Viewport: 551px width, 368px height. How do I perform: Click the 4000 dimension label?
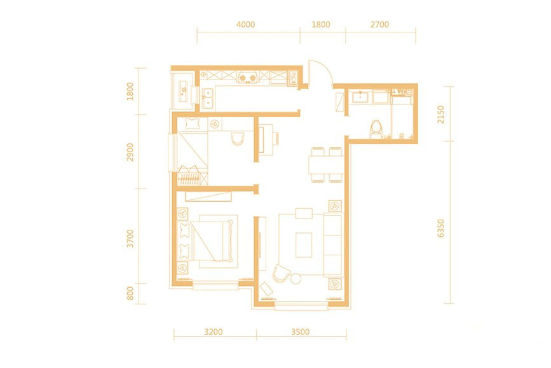(x=246, y=25)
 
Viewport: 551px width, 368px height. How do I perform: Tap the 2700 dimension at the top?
(x=379, y=25)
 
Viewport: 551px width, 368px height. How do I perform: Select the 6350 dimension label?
(x=440, y=228)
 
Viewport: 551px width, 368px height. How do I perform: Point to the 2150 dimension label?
(x=440, y=115)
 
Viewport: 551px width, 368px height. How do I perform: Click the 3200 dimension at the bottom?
(x=214, y=332)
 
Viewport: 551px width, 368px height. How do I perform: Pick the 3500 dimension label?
(x=301, y=332)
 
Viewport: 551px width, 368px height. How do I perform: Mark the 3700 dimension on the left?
(x=130, y=238)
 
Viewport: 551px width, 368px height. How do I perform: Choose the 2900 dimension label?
(x=130, y=152)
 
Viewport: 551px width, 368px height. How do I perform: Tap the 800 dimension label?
(x=130, y=294)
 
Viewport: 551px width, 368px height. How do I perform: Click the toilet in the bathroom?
(x=376, y=130)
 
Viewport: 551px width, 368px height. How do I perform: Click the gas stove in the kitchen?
(x=247, y=78)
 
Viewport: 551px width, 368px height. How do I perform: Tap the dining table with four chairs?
(x=326, y=164)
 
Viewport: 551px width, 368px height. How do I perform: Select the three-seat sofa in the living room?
(x=332, y=244)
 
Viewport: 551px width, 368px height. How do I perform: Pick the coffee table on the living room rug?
(x=304, y=244)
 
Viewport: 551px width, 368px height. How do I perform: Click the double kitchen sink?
(x=208, y=98)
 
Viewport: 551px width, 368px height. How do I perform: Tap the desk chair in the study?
(x=238, y=138)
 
